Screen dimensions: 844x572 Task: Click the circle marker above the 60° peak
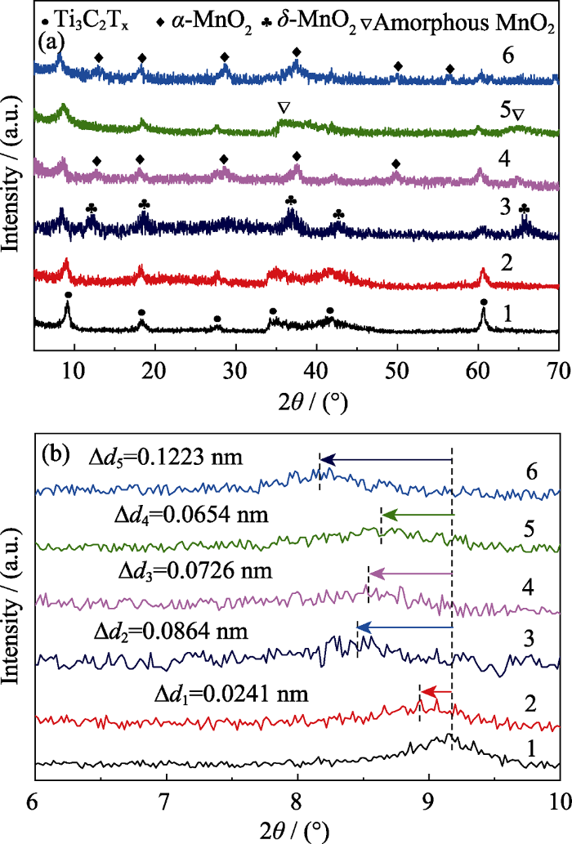(484, 302)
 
